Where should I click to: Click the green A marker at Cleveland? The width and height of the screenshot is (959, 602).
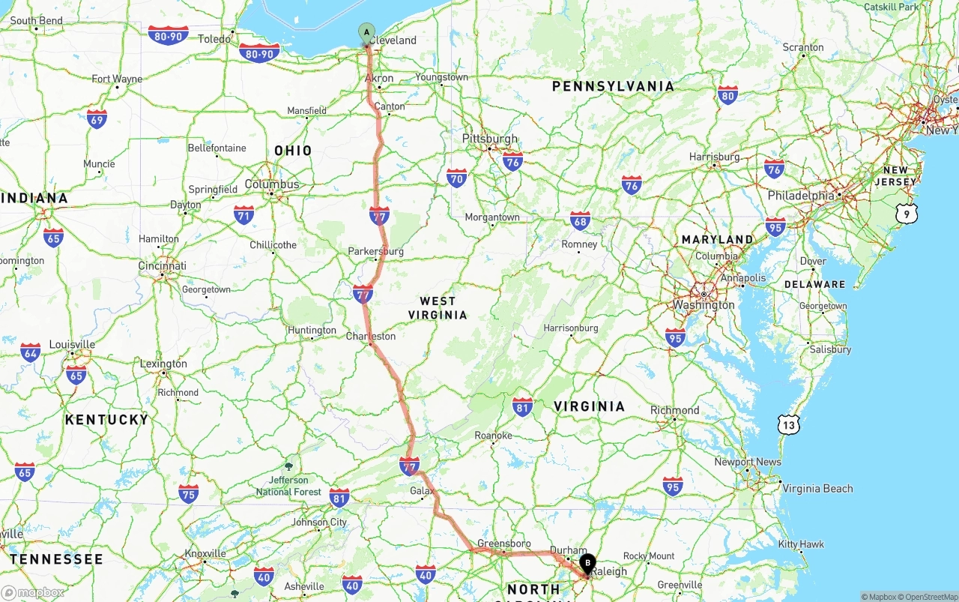tap(366, 32)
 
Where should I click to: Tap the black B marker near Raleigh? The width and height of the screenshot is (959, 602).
tap(588, 562)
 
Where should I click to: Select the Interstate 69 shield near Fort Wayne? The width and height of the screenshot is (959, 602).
tap(97, 118)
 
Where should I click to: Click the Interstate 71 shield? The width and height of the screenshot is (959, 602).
tap(243, 215)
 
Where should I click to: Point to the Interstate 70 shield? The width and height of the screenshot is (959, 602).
tap(456, 178)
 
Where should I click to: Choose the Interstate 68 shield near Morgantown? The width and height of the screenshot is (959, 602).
tap(580, 220)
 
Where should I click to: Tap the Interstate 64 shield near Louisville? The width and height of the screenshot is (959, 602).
tap(31, 352)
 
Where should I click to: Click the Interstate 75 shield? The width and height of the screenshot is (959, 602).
tap(189, 493)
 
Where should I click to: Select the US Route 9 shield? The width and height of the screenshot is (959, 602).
tap(906, 214)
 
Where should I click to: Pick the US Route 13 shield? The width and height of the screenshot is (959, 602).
tap(788, 425)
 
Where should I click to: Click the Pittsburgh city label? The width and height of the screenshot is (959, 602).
tap(490, 139)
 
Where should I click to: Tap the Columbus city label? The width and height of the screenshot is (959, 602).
tap(271, 184)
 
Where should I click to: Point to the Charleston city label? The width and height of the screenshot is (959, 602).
tap(370, 337)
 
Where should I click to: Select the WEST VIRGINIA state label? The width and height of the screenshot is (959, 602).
tap(438, 308)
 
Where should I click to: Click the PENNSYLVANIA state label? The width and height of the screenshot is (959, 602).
tap(613, 86)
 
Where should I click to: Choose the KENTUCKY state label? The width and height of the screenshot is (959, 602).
tap(106, 420)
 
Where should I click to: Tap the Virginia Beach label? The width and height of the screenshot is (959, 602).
tap(817, 488)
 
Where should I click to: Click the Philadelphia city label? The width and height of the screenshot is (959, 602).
tap(800, 196)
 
